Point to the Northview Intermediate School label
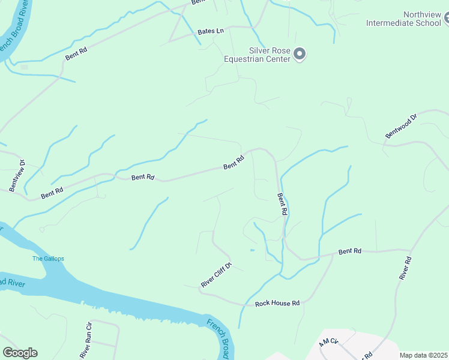(x=405, y=19)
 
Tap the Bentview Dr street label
(x=16, y=176)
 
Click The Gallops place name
(x=48, y=259)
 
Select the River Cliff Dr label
(x=216, y=274)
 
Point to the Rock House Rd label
(x=277, y=304)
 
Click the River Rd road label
(x=405, y=268)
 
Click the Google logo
(x=20, y=353)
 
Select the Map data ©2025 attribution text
(x=424, y=355)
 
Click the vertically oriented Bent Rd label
(x=282, y=204)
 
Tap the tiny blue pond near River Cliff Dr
(x=252, y=250)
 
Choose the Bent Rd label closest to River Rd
(x=349, y=251)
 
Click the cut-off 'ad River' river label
(x=13, y=282)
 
